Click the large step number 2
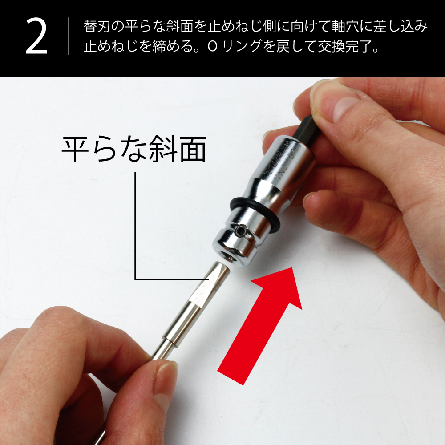click(x=36, y=37)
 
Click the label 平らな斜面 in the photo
click(x=133, y=149)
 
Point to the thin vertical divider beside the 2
click(x=68, y=36)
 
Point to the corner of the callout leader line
click(x=135, y=279)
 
